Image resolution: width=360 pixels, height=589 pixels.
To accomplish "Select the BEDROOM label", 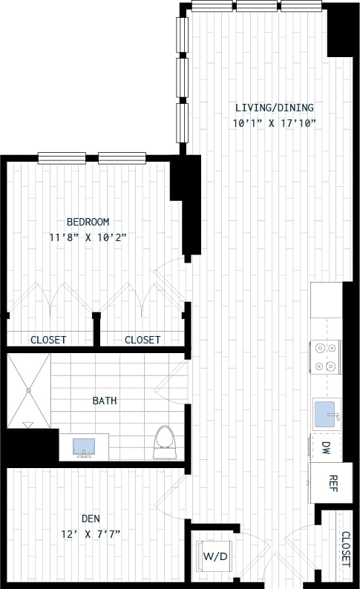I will click(88, 222).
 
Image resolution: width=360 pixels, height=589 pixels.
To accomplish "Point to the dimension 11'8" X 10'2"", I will click(88, 237).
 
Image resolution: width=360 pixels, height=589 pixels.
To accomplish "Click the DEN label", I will click(92, 519).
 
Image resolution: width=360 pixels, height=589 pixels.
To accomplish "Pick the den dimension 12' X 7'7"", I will click(92, 533).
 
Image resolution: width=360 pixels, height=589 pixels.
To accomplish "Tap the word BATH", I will click(104, 401).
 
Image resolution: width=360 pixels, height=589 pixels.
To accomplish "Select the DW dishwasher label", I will click(326, 447).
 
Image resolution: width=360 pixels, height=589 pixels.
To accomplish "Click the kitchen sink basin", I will click(327, 414).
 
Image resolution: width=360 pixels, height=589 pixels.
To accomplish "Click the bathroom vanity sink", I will click(83, 447).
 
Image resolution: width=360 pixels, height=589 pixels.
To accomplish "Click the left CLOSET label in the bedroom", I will click(48, 340).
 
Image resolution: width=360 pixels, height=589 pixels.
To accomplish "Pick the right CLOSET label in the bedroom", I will click(142, 340).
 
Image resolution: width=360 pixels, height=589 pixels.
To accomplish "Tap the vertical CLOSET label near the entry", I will click(345, 549).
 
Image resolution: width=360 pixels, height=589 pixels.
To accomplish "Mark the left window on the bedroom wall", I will click(62, 157).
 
